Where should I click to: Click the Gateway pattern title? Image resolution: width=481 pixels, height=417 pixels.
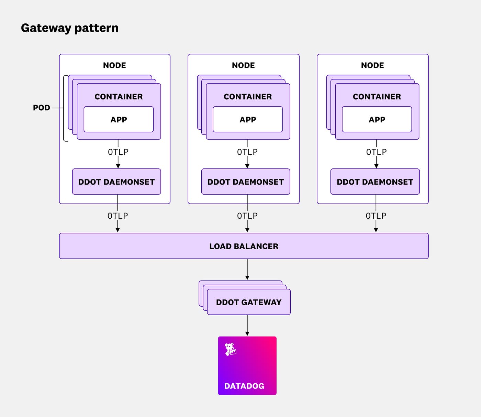click(70, 28)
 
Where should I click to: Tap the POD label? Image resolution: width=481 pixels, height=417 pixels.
click(42, 108)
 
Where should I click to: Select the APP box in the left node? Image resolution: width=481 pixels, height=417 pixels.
click(119, 120)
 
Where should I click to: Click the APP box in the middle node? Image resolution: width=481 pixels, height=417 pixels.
click(248, 120)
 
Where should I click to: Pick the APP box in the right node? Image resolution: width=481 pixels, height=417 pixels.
click(377, 120)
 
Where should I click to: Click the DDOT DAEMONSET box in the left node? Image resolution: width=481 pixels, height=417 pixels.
click(116, 182)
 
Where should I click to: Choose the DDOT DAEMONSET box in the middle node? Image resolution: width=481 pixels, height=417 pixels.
click(246, 182)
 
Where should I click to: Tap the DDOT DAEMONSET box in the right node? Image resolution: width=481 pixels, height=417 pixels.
click(375, 182)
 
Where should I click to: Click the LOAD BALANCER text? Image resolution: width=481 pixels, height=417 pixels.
click(244, 246)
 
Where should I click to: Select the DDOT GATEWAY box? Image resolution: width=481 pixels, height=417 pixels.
click(249, 302)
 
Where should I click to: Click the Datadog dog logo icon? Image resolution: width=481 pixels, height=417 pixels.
click(230, 349)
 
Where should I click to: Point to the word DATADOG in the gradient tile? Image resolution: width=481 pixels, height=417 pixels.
click(244, 386)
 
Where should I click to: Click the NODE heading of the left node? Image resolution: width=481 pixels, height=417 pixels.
click(114, 65)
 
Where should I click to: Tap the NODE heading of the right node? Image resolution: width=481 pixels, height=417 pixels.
click(372, 65)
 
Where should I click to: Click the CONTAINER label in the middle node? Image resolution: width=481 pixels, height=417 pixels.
click(248, 97)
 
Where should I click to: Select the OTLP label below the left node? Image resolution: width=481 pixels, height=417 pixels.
click(118, 216)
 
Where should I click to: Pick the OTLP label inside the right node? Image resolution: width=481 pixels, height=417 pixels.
click(376, 152)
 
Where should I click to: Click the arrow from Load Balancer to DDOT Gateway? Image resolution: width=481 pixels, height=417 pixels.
click(247, 270)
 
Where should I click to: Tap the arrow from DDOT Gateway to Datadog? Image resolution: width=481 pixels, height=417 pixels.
click(247, 325)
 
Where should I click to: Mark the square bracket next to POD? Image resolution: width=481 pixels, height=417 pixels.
click(64, 108)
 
